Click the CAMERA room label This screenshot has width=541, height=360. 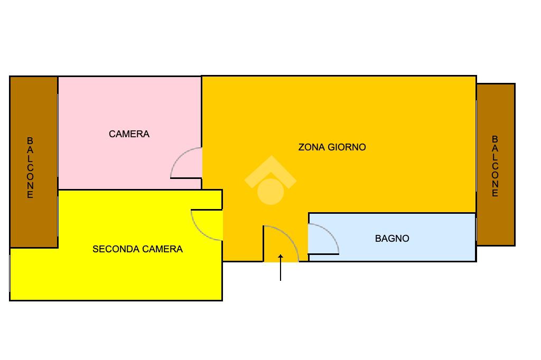point(129,134)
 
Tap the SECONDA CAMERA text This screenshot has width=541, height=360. point(137,249)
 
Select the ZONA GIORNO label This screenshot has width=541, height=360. point(332,147)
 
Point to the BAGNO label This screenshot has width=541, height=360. point(392,239)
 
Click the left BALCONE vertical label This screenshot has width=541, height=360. point(30,167)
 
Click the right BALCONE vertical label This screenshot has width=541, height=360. point(495,166)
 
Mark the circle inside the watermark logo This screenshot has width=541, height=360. point(270,191)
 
